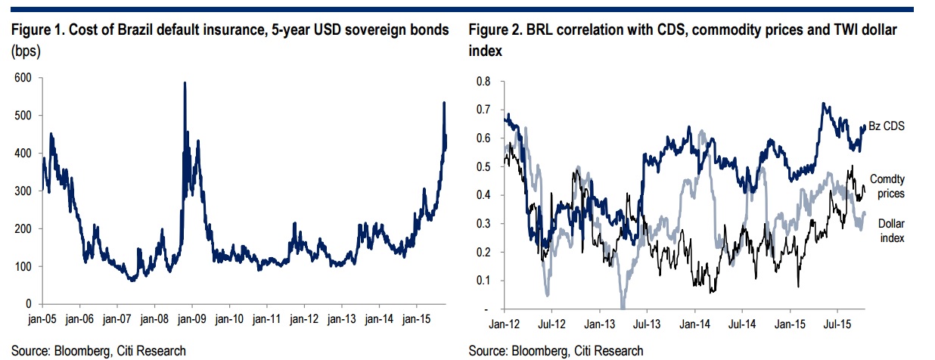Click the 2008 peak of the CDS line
[x=185, y=83]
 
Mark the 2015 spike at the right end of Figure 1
[x=444, y=103]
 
